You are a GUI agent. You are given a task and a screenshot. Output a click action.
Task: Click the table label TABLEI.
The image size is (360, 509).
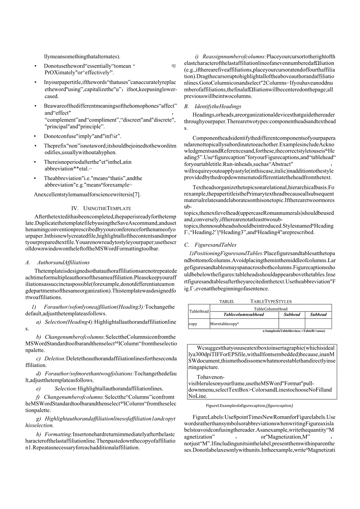(227, 302)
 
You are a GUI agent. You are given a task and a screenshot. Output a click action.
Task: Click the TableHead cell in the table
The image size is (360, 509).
(199, 311)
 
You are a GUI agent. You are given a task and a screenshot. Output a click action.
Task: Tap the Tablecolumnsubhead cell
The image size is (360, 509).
(243, 315)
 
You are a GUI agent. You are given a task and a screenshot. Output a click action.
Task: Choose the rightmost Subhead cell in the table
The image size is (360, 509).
(318, 315)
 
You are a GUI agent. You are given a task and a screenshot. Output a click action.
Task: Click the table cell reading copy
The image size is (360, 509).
(193, 324)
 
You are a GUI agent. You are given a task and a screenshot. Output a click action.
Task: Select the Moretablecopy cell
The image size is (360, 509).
(224, 324)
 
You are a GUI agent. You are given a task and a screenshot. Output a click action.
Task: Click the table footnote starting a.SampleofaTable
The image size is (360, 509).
(293, 331)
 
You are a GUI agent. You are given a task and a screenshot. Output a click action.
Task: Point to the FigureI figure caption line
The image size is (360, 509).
(249, 406)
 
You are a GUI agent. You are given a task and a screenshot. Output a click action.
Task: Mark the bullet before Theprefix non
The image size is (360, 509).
(36, 146)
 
